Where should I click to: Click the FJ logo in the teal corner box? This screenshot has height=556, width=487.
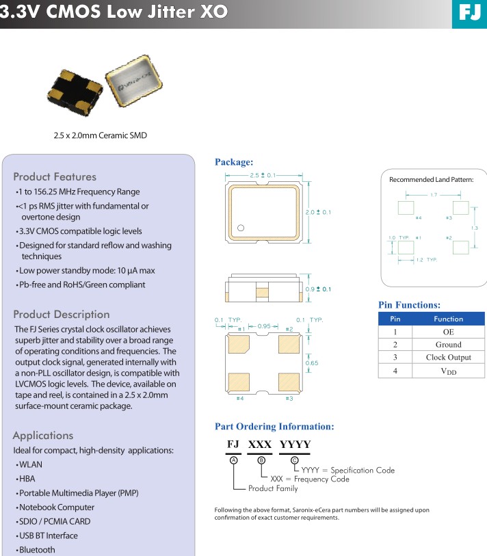click(469, 13)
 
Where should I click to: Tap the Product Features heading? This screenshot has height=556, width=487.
click(55, 176)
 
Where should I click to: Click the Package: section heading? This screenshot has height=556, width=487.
click(234, 162)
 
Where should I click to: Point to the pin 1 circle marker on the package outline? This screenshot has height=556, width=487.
click(241, 228)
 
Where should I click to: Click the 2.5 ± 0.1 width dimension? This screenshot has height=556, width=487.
click(263, 176)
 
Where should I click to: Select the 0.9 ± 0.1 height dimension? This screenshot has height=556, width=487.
click(318, 289)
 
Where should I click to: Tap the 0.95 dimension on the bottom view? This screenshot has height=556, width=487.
click(263, 326)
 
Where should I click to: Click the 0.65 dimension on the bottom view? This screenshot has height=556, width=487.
click(312, 363)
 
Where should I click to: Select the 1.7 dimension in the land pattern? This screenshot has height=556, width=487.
click(434, 196)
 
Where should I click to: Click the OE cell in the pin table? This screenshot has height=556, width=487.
click(448, 332)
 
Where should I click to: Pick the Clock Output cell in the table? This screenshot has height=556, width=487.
click(448, 357)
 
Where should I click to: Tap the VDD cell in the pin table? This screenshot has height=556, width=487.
click(448, 371)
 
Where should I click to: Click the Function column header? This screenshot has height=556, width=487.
click(448, 319)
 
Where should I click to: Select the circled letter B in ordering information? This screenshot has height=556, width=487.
click(261, 460)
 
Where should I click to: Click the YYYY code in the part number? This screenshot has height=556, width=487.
click(295, 445)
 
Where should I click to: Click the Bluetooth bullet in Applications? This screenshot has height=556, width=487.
click(37, 550)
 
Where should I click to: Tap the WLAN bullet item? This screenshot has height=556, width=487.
click(31, 464)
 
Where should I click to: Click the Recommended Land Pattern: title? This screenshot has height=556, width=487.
click(431, 179)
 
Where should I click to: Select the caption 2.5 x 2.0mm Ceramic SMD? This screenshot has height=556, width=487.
click(100, 135)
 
